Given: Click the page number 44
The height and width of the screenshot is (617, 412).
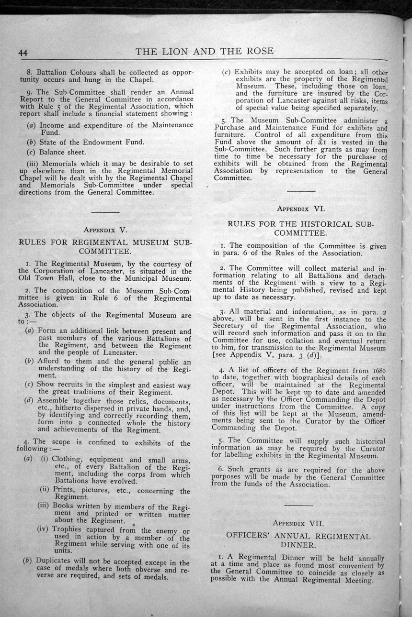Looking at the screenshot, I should point(23,53).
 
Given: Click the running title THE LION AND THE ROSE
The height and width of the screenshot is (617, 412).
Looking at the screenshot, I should point(205,51).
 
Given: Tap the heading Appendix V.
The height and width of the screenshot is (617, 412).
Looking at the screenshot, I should point(105,230).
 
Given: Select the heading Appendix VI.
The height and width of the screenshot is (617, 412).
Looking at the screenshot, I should point(301,208).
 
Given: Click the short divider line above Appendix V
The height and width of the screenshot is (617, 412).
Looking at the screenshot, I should point(105,211).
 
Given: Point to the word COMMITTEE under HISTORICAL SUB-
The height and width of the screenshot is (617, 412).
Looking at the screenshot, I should point(301,233).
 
